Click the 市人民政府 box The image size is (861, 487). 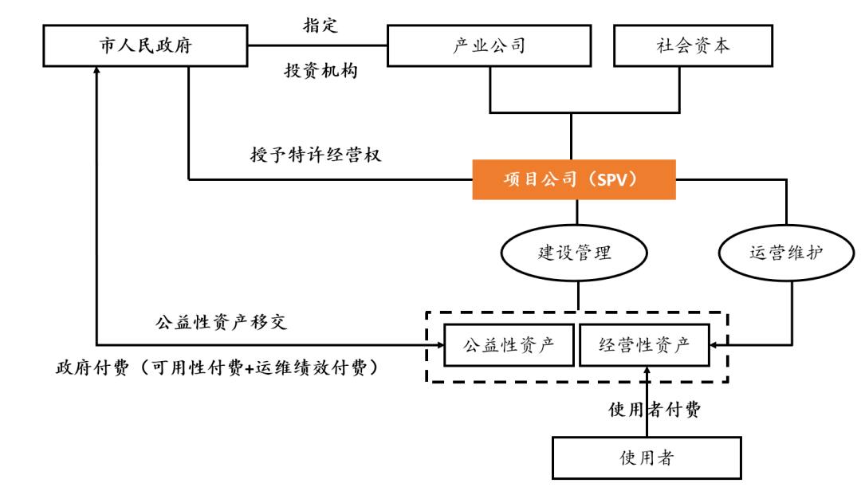coord(146,45)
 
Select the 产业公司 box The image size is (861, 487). coord(489,45)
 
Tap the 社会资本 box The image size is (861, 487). coord(693,45)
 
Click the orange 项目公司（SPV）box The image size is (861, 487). coord(574,179)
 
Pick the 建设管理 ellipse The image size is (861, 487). coord(574,253)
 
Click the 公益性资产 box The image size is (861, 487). coord(508,345)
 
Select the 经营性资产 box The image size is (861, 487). coord(643,345)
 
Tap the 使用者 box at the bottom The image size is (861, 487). coord(647,458)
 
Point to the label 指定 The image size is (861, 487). coord(320,25)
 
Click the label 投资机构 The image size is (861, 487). coord(320,71)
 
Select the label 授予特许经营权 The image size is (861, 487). coord(316,155)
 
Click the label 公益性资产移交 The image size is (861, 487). coord(221,322)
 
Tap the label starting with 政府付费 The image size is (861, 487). coord(216,368)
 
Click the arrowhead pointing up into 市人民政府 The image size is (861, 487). coord(96,73)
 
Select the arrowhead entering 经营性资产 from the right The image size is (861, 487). coord(714,345)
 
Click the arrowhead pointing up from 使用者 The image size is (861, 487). coord(647,371)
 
